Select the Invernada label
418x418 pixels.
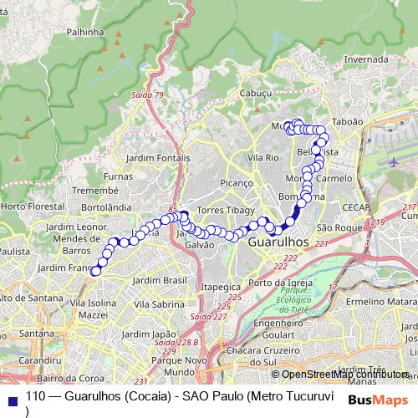click(366, 59)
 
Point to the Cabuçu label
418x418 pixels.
click(257, 94)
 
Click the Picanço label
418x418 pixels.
click(236, 182)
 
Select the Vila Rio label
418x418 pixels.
click(263, 157)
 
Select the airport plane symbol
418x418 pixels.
click(394, 161)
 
